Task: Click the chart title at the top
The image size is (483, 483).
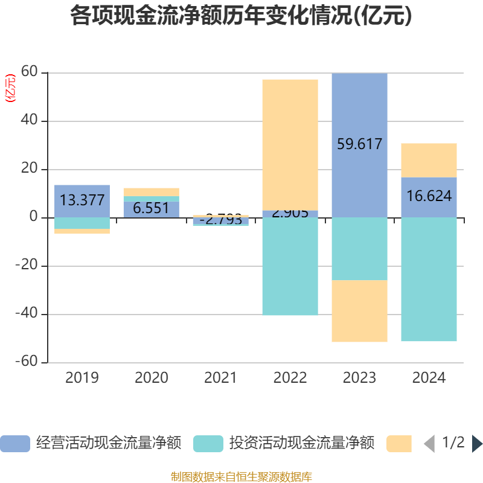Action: (241, 16)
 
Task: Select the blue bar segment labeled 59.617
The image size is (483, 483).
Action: (359, 145)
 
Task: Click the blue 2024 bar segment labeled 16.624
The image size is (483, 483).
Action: (429, 197)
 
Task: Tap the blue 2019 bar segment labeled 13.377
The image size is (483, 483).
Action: (82, 201)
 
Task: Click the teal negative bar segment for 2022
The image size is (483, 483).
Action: (290, 266)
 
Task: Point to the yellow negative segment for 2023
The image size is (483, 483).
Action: (359, 311)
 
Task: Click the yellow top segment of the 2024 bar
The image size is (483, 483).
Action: (429, 160)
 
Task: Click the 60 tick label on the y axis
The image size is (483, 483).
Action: (29, 73)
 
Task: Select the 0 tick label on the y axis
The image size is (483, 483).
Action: (34, 218)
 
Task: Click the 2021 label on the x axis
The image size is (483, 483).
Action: (220, 378)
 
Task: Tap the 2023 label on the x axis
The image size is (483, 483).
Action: (359, 378)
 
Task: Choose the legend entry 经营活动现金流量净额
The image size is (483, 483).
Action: (91, 443)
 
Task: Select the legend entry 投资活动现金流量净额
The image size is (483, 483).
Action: (284, 443)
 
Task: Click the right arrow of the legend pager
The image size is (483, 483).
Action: (476, 443)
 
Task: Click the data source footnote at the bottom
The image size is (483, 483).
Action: (241, 476)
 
